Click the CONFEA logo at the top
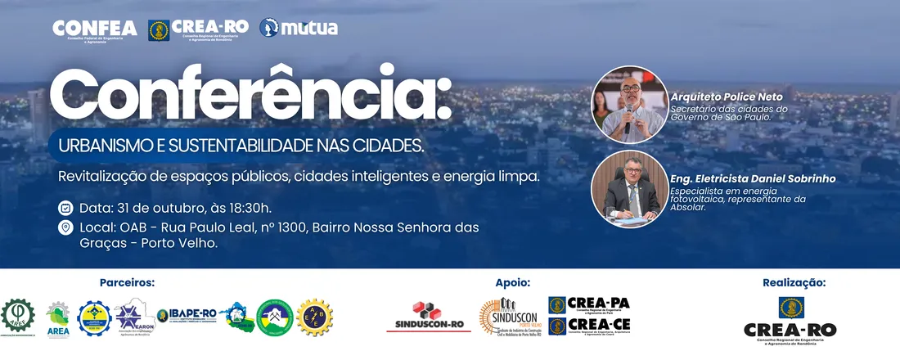click(95, 29)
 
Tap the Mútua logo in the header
click(299, 29)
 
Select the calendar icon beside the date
click(65, 207)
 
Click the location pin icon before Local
click(65, 227)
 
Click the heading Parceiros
click(127, 282)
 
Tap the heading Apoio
click(512, 282)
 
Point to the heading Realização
click(794, 282)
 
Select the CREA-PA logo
click(589, 304)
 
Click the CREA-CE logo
click(589, 326)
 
